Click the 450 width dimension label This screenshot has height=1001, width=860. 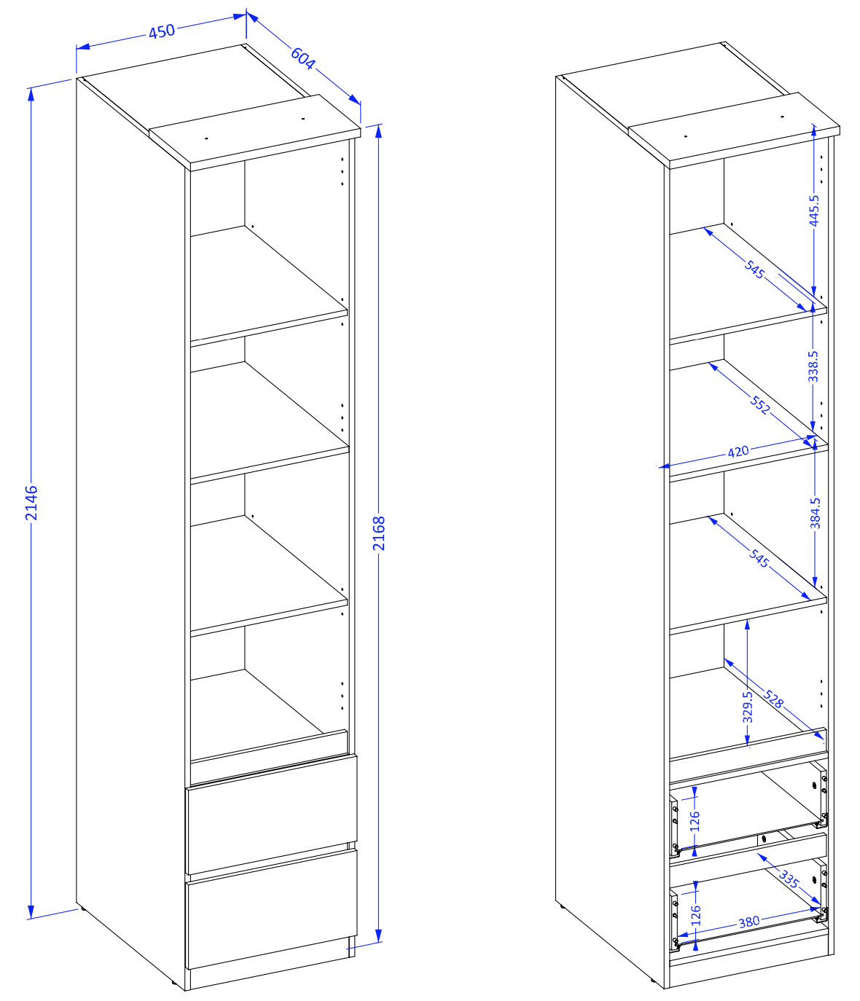(161, 31)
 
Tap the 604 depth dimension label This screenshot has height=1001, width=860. (302, 58)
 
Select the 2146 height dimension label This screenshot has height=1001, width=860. (31, 503)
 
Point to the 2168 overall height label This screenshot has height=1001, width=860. (378, 533)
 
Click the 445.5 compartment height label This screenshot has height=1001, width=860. (813, 210)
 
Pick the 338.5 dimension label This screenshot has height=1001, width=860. (813, 366)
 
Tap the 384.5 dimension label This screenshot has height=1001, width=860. (815, 513)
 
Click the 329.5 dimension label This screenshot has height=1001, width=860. (747, 707)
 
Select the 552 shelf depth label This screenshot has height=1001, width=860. (759, 405)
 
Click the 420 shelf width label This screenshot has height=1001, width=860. (738, 452)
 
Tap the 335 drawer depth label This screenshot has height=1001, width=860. (789, 879)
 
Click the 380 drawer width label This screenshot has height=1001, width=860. (748, 922)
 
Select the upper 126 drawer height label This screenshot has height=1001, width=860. (695, 821)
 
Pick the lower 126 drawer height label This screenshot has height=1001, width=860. (695, 915)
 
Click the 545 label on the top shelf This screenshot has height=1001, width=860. (754, 270)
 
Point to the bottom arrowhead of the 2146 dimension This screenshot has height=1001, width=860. (31, 911)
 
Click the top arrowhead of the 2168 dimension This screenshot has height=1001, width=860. (378, 131)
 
